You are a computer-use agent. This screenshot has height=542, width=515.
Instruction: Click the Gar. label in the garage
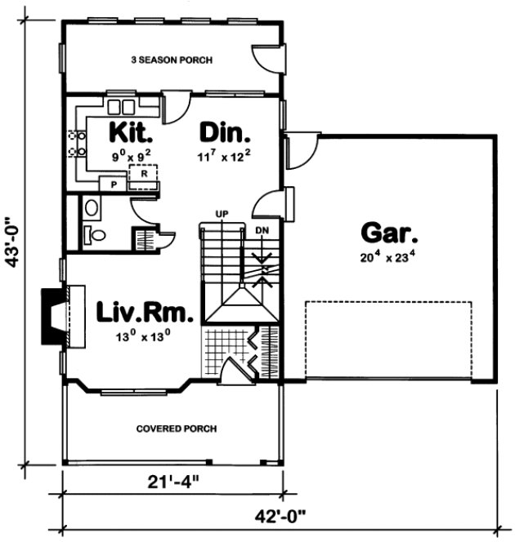point(390,234)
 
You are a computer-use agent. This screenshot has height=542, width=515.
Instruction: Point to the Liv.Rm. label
point(145,312)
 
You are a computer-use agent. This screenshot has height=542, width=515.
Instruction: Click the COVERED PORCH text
point(171,428)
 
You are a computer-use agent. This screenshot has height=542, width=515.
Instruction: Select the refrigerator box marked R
point(143,174)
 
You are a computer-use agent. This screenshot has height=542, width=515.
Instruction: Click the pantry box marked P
point(113,184)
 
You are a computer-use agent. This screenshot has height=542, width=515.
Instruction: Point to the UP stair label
point(221,214)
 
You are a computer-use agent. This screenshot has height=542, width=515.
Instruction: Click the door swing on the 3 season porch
point(266,57)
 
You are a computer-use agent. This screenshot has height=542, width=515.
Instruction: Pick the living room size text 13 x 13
point(145,334)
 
